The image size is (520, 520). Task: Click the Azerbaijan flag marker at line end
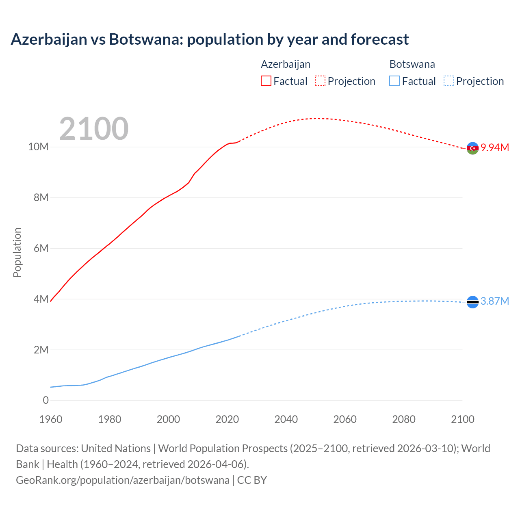coord(472,148)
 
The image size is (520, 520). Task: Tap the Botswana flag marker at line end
coord(472,302)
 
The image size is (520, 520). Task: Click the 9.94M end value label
coord(495,147)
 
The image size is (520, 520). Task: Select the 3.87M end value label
coord(495,301)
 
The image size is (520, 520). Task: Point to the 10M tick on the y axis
coord(38,147)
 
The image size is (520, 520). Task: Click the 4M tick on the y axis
coord(41,299)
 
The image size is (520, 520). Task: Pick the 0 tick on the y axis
coord(45,400)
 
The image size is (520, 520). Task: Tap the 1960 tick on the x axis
coord(51,419)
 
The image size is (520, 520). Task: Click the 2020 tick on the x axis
coord(227,419)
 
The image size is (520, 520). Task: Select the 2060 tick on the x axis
coord(345,419)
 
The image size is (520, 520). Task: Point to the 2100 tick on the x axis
coord(462,419)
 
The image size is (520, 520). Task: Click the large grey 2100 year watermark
coord(94,129)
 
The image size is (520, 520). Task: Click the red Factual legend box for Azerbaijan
coord(266,81)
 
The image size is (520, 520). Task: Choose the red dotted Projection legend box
coord(320,81)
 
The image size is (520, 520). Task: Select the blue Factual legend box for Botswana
coord(394,81)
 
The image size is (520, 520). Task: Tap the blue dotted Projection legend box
coord(448,81)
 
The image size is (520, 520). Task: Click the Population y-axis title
coord(17,252)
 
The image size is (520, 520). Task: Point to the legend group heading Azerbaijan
coord(286,64)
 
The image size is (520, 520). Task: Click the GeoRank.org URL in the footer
coord(123,480)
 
